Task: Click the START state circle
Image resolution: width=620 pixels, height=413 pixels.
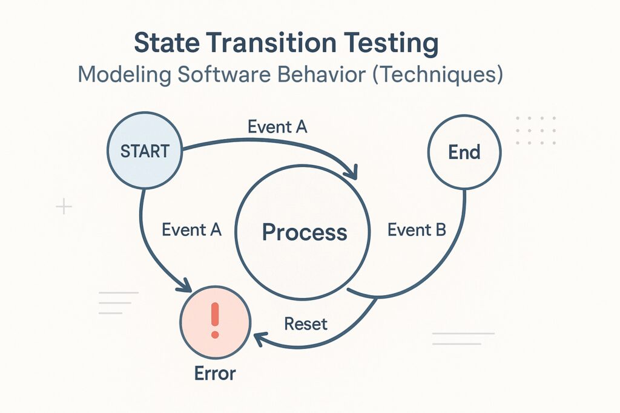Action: point(145,151)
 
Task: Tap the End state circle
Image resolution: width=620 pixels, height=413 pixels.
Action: point(464,152)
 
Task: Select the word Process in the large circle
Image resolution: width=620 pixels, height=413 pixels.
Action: point(305,232)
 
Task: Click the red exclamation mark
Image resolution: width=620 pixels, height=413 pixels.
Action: point(215,320)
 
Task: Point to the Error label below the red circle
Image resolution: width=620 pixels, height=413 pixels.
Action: point(215,373)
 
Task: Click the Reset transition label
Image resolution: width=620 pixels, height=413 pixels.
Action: point(306,324)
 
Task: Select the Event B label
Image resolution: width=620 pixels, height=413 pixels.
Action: point(417,230)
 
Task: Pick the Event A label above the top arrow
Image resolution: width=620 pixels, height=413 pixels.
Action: point(277,127)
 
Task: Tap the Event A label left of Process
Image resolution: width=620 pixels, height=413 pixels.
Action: point(191,230)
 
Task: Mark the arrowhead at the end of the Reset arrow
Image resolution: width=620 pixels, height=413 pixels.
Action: point(259,339)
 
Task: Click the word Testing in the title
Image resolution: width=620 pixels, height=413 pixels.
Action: point(391,44)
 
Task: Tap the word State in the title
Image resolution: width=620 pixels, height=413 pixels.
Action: point(167,43)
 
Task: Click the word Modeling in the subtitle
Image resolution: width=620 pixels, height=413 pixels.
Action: point(125,75)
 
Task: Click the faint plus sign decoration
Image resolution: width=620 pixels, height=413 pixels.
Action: point(64,207)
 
